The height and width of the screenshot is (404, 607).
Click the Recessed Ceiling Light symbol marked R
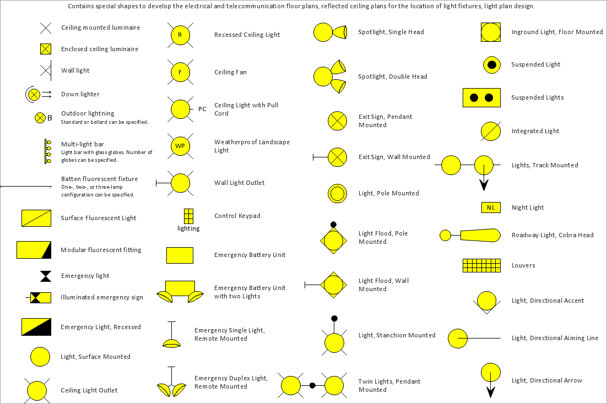tap(180, 35)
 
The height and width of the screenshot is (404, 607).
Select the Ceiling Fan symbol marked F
tap(180, 72)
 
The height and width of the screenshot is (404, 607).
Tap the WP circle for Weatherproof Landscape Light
tap(180, 146)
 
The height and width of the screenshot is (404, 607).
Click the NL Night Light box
tap(491, 208)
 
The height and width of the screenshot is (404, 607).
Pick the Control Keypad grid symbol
tap(188, 216)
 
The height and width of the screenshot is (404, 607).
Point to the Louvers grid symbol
tap(481, 265)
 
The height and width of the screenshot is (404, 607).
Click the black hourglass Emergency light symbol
tap(46, 276)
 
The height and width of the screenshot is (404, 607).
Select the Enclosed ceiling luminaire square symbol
tap(46, 49)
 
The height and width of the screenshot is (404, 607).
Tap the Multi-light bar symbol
tap(47, 151)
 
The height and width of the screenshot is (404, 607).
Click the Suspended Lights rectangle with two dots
tap(481, 97)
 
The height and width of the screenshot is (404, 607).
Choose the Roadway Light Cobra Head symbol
tap(470, 235)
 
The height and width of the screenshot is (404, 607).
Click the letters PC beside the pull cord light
tap(202, 109)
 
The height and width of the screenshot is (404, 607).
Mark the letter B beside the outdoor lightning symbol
tap(50, 118)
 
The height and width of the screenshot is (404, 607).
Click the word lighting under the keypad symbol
tap(188, 229)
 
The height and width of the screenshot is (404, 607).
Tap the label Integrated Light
tap(535, 131)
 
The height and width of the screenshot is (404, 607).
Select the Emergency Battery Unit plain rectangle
tap(180, 255)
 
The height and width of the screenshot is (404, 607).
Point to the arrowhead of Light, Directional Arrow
tap(490, 392)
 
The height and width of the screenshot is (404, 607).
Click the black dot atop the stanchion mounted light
tap(334, 319)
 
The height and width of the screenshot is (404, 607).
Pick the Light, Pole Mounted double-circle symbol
tap(337, 194)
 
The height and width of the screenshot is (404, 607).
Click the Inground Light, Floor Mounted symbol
tap(491, 32)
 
